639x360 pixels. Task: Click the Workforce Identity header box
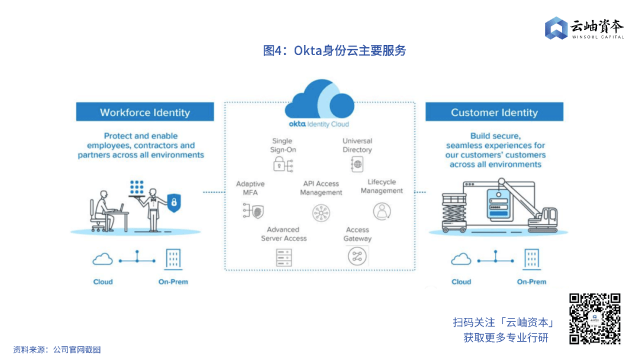[x=145, y=112]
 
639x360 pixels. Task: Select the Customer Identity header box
[x=494, y=112]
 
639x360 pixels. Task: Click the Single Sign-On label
[x=283, y=146]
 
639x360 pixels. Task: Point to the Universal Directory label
[x=357, y=146]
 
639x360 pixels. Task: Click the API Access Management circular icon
[x=321, y=212]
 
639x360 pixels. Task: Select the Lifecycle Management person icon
[x=382, y=211]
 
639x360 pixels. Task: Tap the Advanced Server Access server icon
[x=284, y=256]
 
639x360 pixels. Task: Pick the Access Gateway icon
[x=357, y=256]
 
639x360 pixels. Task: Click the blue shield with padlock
[x=173, y=202]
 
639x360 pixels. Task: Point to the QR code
[x=595, y=319]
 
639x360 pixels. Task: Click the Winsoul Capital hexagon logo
[x=556, y=28]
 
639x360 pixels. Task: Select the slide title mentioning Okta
[x=334, y=51]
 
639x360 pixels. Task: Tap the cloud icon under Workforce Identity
[x=103, y=259]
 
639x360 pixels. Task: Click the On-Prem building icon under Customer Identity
[x=531, y=259]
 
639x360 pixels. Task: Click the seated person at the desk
[x=104, y=210]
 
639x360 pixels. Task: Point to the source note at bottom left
[x=57, y=350]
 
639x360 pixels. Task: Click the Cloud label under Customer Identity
[x=461, y=282]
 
